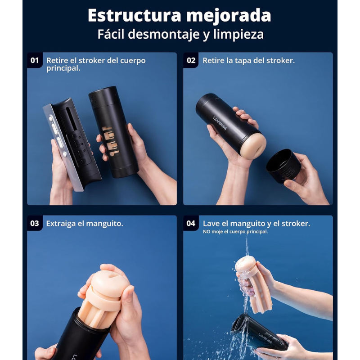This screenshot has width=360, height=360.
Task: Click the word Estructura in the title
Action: (127, 15)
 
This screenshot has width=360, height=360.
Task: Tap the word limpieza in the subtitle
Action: (241, 35)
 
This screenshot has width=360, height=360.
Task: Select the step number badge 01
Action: (35, 60)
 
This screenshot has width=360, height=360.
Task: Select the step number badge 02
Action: (191, 60)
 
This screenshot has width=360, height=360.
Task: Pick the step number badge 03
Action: (35, 223)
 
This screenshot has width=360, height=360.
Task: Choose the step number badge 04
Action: (191, 223)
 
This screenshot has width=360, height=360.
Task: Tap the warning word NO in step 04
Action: (207, 232)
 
